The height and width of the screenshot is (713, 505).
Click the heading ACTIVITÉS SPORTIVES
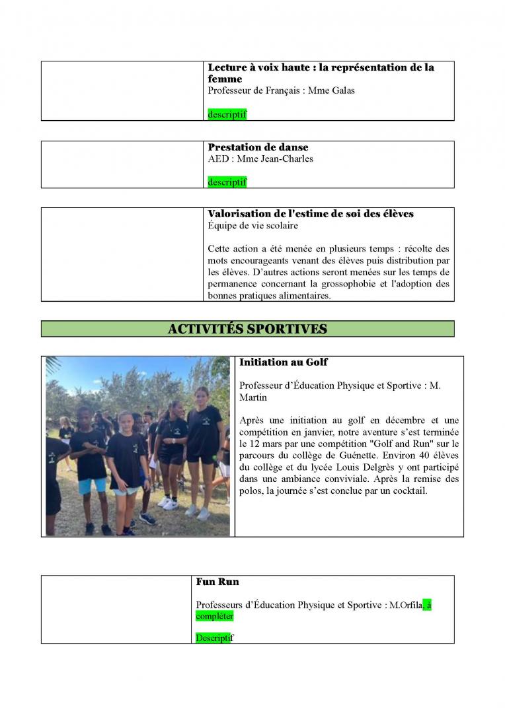247,329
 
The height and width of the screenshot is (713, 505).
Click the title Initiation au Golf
283,362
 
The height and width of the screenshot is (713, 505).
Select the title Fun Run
217,582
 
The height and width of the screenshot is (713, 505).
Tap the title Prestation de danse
258,147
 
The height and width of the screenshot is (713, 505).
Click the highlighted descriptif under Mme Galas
227,114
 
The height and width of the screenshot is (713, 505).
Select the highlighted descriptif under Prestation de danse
227,182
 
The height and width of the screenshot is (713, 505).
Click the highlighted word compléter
215,616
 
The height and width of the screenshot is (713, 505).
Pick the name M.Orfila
405,605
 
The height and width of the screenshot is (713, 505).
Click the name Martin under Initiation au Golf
253,397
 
